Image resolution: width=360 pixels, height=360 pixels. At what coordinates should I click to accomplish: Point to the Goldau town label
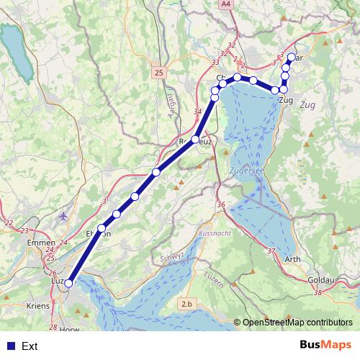[x=320, y=277]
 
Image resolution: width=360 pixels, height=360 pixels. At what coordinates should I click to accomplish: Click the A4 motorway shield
[x=228, y=4]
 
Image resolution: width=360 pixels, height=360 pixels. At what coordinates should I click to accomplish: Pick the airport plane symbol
[x=66, y=216]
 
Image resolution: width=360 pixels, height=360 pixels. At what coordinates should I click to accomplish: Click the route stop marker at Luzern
[x=68, y=284]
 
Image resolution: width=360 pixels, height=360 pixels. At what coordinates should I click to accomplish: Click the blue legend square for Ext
[x=10, y=346]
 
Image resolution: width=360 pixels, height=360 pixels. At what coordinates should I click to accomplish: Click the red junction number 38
[x=318, y=292]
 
